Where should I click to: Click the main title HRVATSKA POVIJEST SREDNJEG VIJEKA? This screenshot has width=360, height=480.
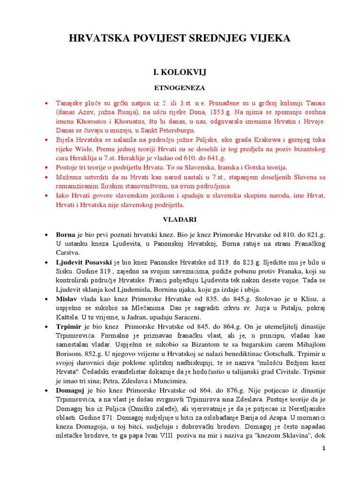click(180, 38)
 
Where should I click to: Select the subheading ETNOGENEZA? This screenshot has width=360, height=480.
click(180, 88)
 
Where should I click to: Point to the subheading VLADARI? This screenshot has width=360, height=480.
click(180, 219)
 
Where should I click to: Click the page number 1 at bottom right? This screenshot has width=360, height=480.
click(323, 449)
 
